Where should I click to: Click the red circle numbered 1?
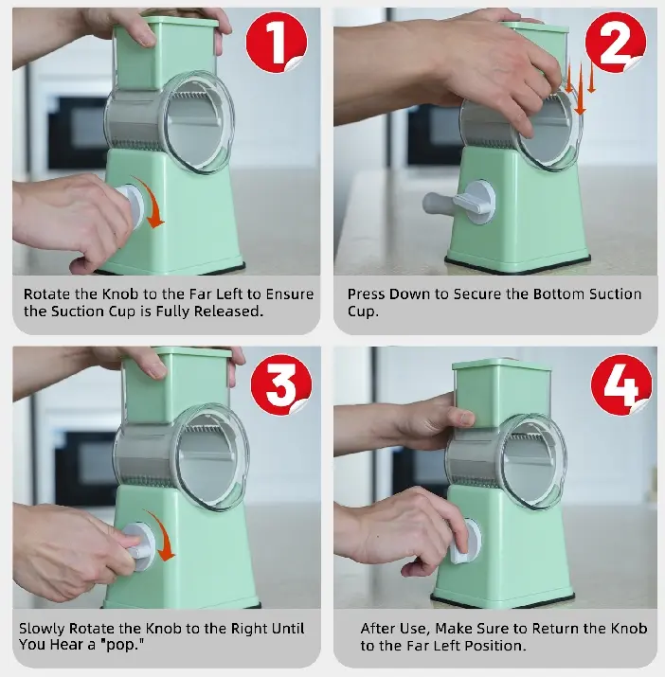coord(277,42)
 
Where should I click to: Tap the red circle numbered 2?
coord(616,42)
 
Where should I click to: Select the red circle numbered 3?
coord(281,384)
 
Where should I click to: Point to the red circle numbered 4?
coord(621,384)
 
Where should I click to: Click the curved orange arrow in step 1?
coord(153,199)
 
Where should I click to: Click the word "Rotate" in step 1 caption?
coord(46,294)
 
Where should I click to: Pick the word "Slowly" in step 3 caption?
coord(42,629)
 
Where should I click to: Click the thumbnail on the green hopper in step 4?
coord(466,418)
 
